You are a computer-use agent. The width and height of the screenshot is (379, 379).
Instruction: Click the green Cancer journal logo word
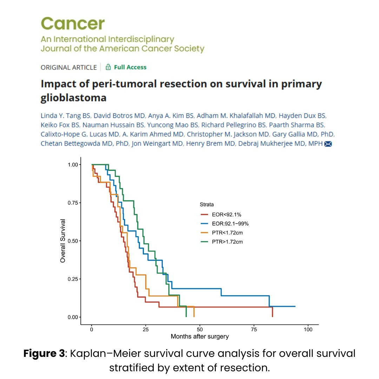point(73,24)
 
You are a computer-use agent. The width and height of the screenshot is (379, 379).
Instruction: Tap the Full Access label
point(130,67)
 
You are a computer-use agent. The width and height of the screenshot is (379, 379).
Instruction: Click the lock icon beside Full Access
point(108,67)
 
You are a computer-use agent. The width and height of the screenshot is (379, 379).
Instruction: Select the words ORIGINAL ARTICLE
point(69,67)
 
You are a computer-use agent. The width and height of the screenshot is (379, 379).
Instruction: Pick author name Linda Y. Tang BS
point(66,116)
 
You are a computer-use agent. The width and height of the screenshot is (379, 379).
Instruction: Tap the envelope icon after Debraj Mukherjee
point(328,144)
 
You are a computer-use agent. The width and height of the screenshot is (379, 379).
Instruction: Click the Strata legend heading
point(207,204)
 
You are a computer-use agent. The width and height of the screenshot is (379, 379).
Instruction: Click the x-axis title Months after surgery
point(200,337)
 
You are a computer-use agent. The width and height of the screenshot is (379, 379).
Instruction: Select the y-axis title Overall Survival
point(63,241)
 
